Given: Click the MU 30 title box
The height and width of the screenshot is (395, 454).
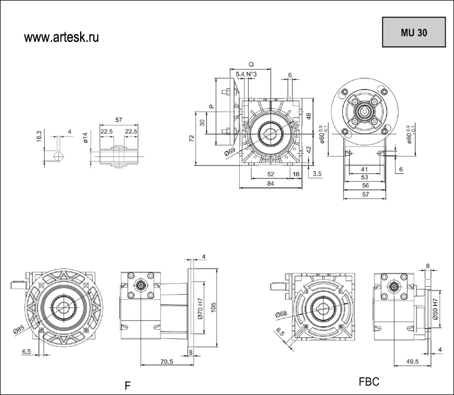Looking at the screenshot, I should [x=414, y=32].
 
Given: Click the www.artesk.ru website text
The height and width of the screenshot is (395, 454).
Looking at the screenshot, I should [x=61, y=37].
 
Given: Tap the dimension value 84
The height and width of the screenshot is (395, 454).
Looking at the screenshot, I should [x=270, y=184].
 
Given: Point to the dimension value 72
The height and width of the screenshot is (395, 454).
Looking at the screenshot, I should [x=192, y=138].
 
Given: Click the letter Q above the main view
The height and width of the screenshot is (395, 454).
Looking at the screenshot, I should [x=251, y=65].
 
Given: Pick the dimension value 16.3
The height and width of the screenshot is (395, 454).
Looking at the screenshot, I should [x=39, y=136].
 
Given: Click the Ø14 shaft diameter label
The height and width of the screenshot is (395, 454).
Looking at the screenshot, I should [x=86, y=138].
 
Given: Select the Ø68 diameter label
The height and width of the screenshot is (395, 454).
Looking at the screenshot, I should [x=280, y=314].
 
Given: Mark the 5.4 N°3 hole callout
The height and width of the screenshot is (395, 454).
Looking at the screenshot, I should [x=246, y=74].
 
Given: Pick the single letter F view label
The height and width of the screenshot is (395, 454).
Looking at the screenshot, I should [x=127, y=386].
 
